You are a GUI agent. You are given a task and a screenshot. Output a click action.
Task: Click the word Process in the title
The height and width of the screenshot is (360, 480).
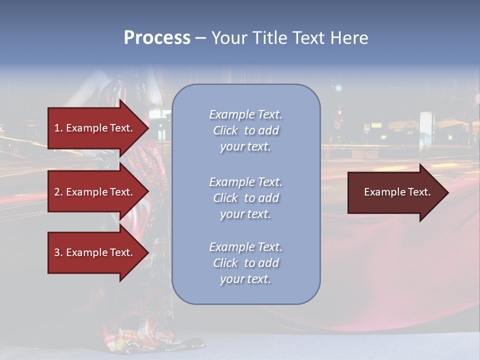tap(157, 38)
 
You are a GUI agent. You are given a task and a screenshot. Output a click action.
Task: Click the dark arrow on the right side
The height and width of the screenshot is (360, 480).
tap(395, 192)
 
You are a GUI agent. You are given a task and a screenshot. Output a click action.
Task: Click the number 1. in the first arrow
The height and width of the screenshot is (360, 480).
tap(58, 128)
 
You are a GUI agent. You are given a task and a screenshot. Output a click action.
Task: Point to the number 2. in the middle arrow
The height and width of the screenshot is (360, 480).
tap(58, 192)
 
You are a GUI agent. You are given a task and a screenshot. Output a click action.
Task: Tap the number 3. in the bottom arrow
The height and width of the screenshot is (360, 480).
tap(58, 252)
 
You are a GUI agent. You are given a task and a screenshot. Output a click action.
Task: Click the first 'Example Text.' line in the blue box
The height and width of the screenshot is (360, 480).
tap(245, 114)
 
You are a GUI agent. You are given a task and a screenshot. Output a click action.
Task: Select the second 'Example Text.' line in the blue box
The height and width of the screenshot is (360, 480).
tap(245, 182)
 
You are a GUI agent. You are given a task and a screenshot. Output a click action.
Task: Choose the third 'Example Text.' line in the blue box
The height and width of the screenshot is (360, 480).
tap(245, 247)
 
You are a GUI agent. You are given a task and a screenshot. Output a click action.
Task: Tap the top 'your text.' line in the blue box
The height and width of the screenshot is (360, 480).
tap(245, 147)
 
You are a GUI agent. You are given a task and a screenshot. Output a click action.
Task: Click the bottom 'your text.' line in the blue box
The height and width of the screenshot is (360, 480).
tap(245, 279)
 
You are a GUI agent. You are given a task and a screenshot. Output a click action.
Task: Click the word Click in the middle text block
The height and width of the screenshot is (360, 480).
tap(225, 198)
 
